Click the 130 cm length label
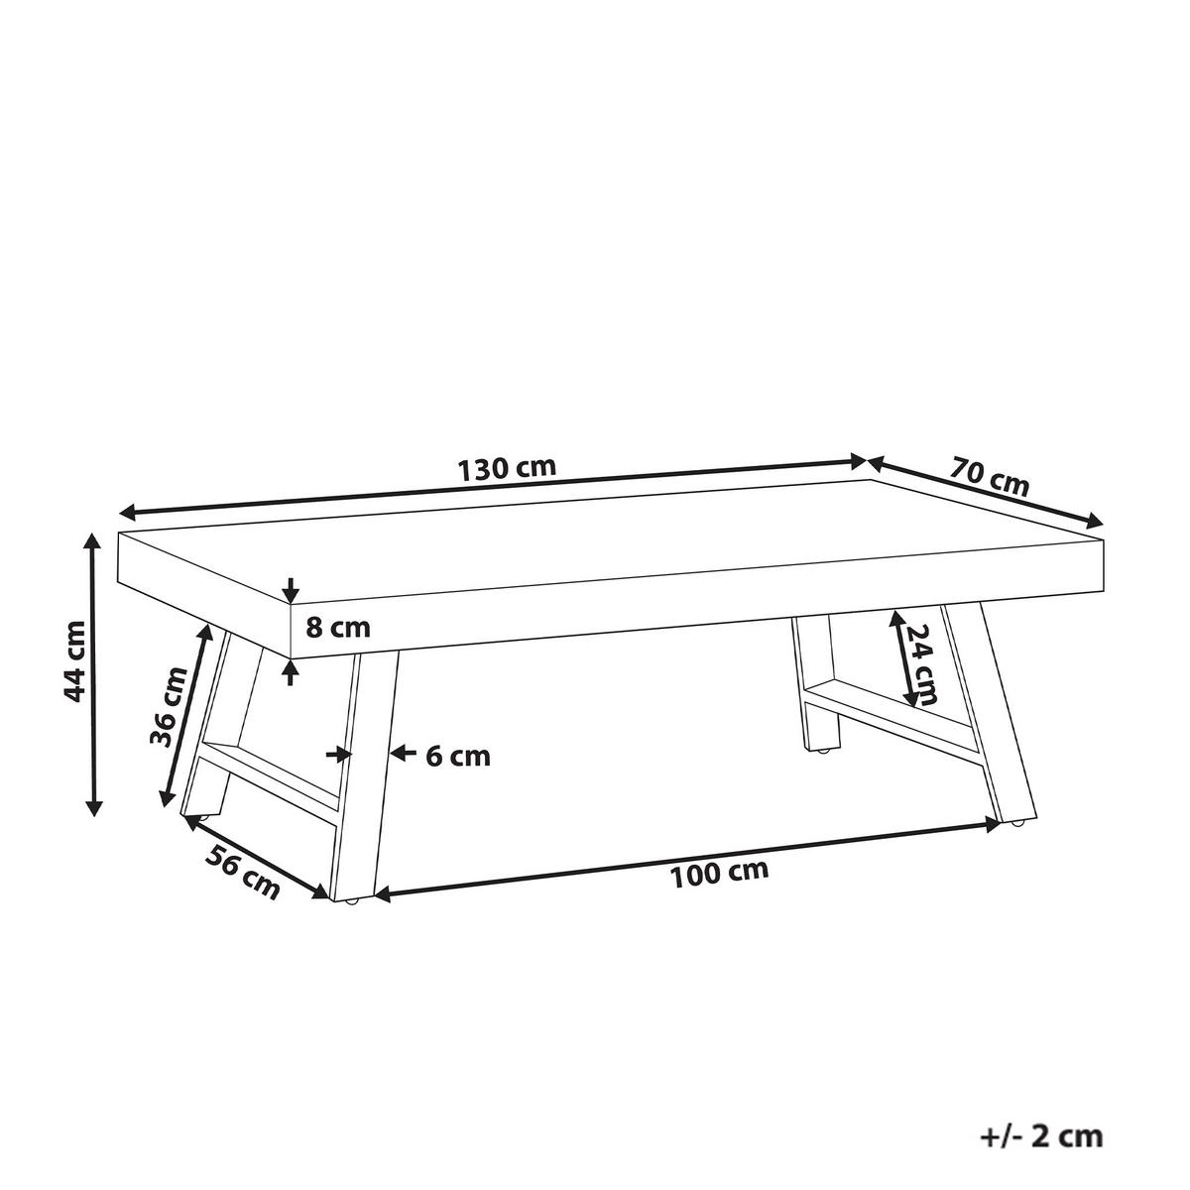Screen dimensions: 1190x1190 click(507, 468)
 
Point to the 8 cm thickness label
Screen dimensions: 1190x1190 click(337, 627)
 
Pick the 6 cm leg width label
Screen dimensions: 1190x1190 click(458, 756)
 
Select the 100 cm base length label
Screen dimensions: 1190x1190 click(720, 873)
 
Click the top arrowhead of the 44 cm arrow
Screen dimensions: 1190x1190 click(93, 541)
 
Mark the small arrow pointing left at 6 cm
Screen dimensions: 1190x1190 click(399, 754)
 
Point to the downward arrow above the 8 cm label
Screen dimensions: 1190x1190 click(290, 591)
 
